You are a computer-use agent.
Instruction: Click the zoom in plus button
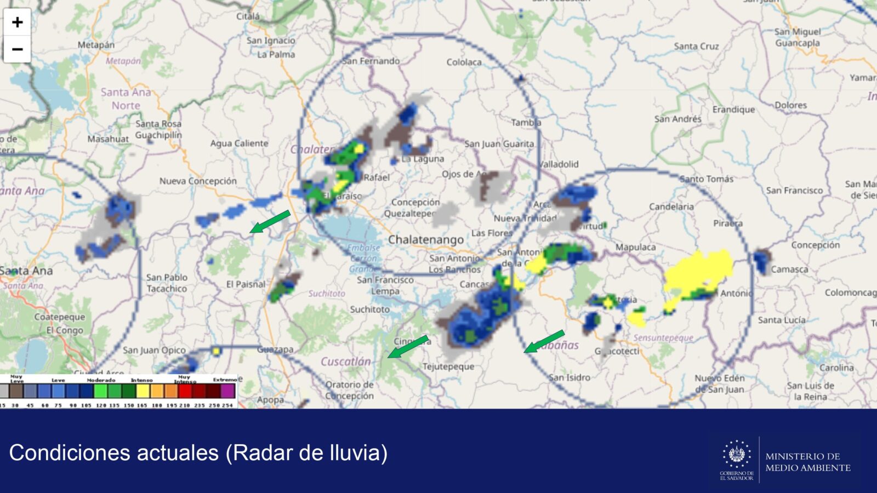click(17, 22)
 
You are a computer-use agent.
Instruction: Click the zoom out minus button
click(17, 49)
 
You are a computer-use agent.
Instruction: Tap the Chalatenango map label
click(425, 239)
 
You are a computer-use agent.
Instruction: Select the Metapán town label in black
click(96, 44)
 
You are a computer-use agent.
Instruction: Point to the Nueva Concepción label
click(198, 181)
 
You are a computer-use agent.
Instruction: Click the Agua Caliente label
click(239, 143)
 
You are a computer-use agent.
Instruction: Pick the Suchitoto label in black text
click(369, 309)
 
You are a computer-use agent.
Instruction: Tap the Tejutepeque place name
click(448, 366)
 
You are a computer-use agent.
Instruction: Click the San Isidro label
click(570, 377)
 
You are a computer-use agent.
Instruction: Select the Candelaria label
click(671, 207)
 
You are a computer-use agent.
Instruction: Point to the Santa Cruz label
click(696, 46)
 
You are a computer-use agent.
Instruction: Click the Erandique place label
click(733, 110)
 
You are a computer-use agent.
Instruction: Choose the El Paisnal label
click(246, 284)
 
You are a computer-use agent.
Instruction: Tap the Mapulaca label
click(635, 247)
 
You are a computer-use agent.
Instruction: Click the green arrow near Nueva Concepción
click(270, 221)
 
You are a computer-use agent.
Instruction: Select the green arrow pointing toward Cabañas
click(544, 341)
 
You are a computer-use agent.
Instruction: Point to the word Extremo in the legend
click(225, 380)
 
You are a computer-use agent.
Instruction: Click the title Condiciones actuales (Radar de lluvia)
click(198, 453)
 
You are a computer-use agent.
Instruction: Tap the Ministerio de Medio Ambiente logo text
click(807, 462)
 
